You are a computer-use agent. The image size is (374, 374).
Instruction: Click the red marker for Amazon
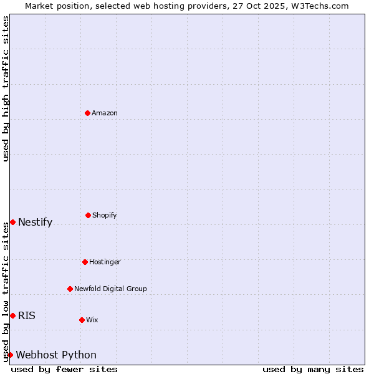point(87,113)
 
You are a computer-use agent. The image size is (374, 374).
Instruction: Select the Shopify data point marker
point(88,215)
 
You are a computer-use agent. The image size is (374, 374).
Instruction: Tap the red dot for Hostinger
point(85,262)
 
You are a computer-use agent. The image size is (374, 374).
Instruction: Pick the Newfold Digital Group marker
point(70,289)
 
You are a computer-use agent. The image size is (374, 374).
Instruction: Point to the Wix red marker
point(82,320)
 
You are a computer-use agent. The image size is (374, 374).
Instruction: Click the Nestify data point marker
point(12,222)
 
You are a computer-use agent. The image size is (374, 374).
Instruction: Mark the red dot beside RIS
point(12,315)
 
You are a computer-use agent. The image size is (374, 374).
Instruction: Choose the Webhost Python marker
point(10,355)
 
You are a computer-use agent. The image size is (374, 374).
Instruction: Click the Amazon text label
point(105,113)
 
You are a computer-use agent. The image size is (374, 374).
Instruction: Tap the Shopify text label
point(105,215)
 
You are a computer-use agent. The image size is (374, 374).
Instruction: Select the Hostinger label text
point(105,262)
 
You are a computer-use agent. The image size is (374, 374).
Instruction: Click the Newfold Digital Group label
point(110,289)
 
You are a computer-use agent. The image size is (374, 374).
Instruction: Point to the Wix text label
point(92,320)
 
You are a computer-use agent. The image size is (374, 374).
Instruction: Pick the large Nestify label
point(35,223)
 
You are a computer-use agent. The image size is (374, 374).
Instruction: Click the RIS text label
point(27,315)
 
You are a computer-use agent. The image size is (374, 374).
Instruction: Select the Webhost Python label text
point(56,355)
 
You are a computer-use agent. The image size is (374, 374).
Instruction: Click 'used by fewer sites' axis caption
point(64,369)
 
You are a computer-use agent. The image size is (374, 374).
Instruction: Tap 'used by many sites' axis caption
point(313,369)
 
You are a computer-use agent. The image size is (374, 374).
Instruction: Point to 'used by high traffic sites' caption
point(6,89)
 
